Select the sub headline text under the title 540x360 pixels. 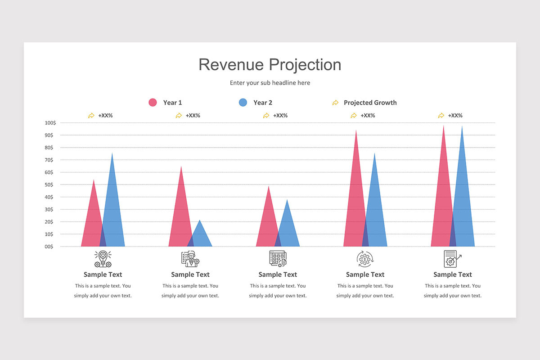point(270,83)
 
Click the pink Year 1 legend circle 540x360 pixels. point(153,103)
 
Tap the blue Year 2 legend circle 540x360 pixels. point(243,103)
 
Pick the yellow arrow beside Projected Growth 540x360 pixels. point(335,103)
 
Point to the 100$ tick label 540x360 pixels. point(50,123)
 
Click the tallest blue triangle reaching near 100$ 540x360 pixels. point(463,202)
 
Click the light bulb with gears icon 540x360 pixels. point(103,259)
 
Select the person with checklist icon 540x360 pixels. point(190,259)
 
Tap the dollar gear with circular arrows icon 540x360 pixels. point(365,259)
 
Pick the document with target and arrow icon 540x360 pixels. point(452,259)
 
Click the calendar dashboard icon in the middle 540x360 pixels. point(278,259)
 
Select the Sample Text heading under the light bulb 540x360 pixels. point(103,274)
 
